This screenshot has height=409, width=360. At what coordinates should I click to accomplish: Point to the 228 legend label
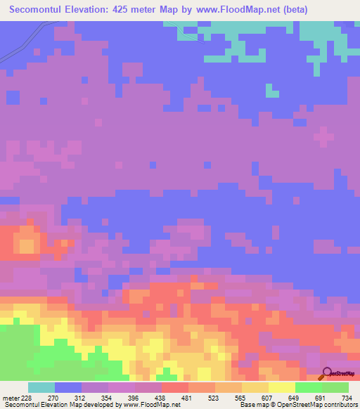click(26, 398)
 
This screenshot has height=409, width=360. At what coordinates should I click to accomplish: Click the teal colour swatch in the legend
click(41, 387)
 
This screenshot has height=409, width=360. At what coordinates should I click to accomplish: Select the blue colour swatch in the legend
click(68, 387)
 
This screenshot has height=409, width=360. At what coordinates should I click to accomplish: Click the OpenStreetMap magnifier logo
click(328, 373)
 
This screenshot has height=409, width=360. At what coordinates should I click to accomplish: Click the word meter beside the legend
click(9, 398)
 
